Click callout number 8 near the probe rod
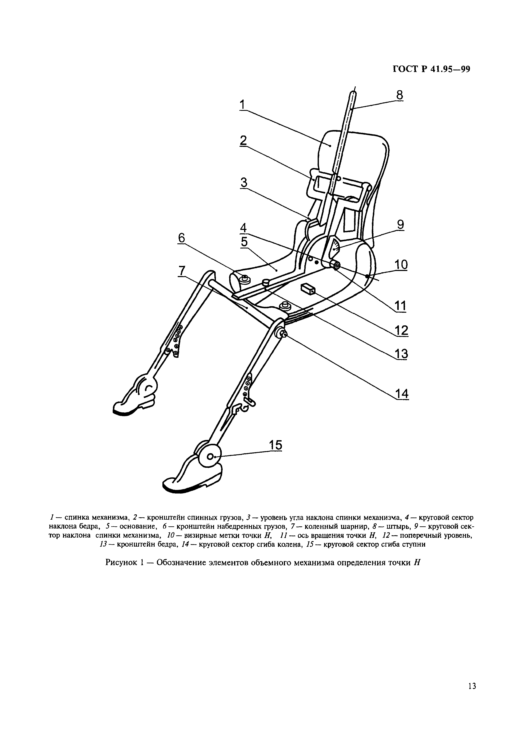399,95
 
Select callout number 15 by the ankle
275,445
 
